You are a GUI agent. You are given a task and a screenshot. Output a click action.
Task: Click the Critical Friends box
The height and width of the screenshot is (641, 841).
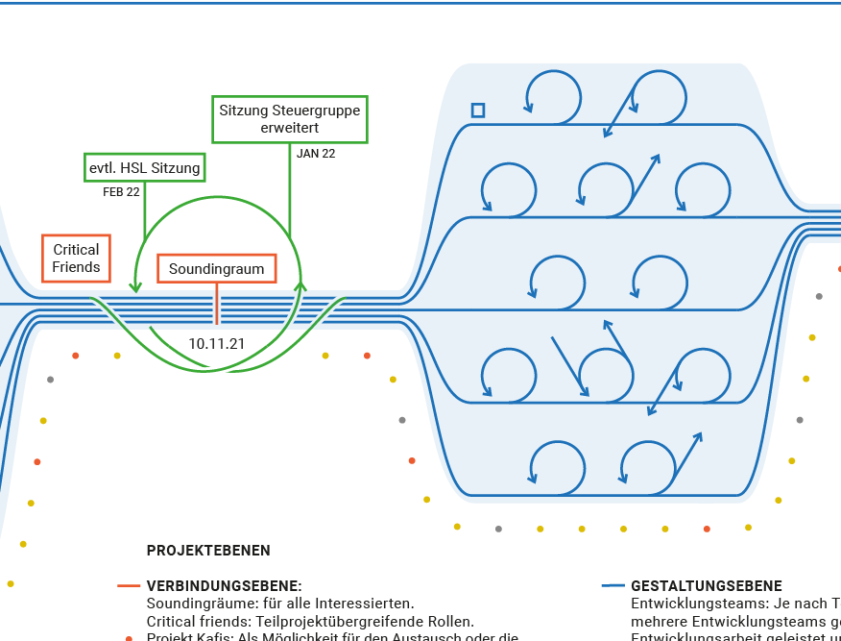pyautogui.click(x=77, y=259)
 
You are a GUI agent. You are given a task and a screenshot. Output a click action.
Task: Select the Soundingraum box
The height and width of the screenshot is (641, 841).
pyautogui.click(x=216, y=269)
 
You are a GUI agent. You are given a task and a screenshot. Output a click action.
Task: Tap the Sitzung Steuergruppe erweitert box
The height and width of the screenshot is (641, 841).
pyautogui.click(x=290, y=119)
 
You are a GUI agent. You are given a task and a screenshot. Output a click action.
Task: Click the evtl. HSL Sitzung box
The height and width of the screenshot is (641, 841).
pyautogui.click(x=145, y=168)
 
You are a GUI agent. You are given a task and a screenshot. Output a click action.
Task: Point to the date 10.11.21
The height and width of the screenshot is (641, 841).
pyautogui.click(x=216, y=343)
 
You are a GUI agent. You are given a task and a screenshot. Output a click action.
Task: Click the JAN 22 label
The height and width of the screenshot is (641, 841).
pyautogui.click(x=316, y=153)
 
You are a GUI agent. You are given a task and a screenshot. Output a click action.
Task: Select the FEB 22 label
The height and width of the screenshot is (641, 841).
pyautogui.click(x=121, y=192)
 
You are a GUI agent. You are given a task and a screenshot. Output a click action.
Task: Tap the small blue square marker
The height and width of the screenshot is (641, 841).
pyautogui.click(x=477, y=111)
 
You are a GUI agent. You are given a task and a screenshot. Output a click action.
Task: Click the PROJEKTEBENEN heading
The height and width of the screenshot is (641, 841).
pyautogui.click(x=208, y=551)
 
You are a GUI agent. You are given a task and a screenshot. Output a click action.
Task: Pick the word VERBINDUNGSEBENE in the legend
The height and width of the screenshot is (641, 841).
pyautogui.click(x=224, y=585)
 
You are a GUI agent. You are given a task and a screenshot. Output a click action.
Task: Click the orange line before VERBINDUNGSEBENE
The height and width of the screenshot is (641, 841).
pyautogui.click(x=129, y=585)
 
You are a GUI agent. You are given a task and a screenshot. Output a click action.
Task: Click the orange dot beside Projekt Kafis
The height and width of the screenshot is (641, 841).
pyautogui.click(x=129, y=638)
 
